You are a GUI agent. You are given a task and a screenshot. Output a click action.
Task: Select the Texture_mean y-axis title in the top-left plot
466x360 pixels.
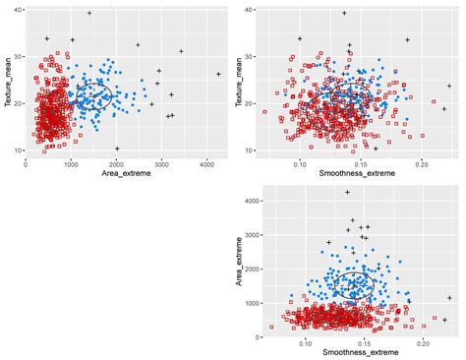point(7,80)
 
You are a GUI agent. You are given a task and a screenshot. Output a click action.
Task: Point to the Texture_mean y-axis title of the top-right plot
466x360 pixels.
point(240,80)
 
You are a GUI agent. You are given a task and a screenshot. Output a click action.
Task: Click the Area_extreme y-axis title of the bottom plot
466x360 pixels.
point(240,262)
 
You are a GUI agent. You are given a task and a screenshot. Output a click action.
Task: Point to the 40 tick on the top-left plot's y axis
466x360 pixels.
point(18,10)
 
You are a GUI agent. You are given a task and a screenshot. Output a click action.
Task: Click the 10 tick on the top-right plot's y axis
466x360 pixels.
point(250,150)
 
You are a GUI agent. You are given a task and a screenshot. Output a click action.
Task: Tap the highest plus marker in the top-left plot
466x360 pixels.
point(89,13)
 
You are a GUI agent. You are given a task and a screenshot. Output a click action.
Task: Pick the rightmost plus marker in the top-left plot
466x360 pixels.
point(218,74)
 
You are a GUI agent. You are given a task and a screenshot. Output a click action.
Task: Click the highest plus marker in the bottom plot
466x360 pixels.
point(346,193)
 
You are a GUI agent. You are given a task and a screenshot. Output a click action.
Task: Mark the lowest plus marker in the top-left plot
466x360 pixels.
point(117,149)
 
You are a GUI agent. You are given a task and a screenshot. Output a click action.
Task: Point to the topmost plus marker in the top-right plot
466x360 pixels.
point(344,13)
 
